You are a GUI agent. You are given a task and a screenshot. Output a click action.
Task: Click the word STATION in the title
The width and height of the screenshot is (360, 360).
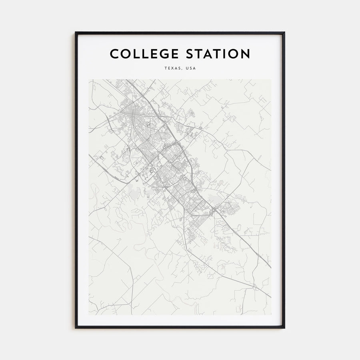(x=218, y=54)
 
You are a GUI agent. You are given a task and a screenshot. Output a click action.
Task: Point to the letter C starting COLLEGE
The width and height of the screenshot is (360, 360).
(x=114, y=54)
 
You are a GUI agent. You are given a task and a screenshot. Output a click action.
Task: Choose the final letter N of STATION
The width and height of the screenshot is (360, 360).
(x=245, y=54)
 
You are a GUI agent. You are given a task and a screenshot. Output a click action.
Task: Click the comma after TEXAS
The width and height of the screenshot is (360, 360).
(x=182, y=70)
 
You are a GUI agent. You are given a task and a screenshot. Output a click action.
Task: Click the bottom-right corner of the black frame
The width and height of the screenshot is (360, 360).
(x=284, y=328)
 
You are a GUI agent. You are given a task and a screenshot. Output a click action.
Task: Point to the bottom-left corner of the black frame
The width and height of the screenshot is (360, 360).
(x=76, y=328)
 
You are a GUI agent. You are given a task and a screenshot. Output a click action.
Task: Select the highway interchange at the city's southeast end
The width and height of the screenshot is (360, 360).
(x=215, y=209)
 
